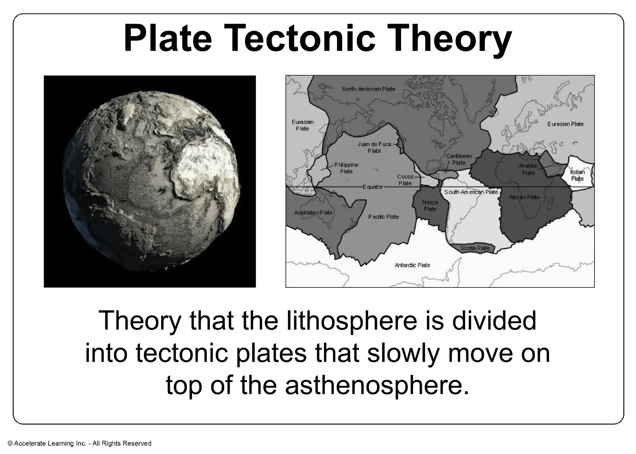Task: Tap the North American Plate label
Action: [x=368, y=89]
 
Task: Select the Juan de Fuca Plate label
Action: [x=374, y=148]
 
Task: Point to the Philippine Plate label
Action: [x=346, y=168]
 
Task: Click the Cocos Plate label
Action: [x=405, y=180]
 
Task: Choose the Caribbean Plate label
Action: [x=459, y=159]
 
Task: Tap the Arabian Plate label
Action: [x=528, y=169]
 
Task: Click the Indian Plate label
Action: [x=577, y=175]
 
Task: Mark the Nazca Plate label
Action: [x=430, y=206]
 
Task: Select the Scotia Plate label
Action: [x=475, y=248]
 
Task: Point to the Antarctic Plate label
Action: [x=412, y=265]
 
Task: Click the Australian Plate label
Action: [x=313, y=213]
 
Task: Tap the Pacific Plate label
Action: [x=384, y=217]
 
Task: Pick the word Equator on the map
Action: [x=373, y=187]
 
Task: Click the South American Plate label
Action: [x=471, y=192]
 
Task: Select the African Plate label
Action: [x=524, y=197]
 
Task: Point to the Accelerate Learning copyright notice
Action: [x=79, y=443]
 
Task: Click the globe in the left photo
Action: [x=150, y=181]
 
